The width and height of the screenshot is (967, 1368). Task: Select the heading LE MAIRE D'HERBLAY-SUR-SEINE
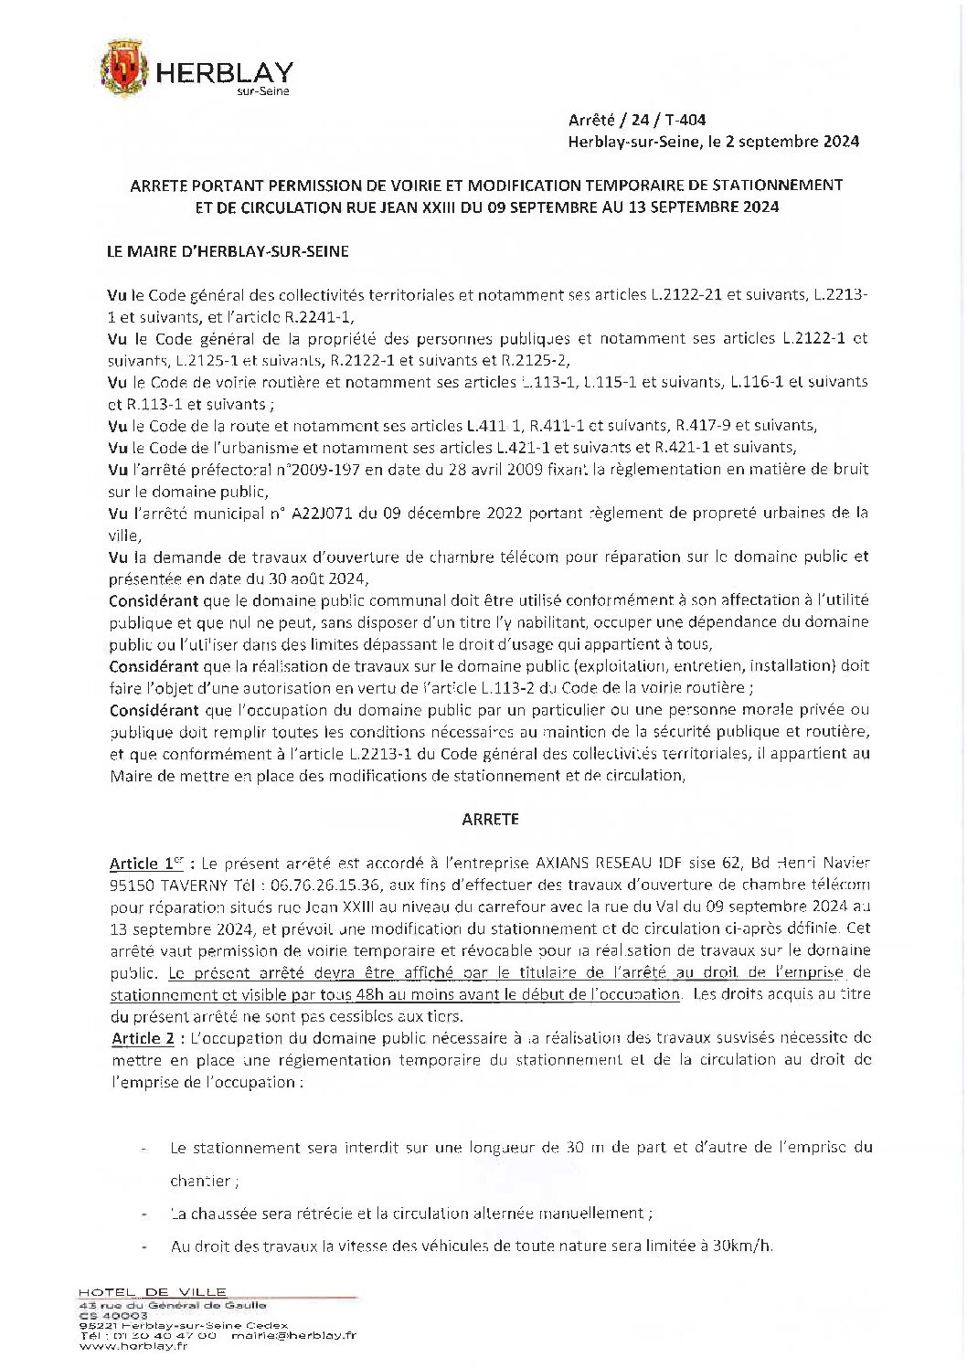[x=228, y=251]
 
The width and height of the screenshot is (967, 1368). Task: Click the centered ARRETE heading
[x=490, y=820]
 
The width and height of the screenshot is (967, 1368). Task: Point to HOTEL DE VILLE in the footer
[x=153, y=1292]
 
